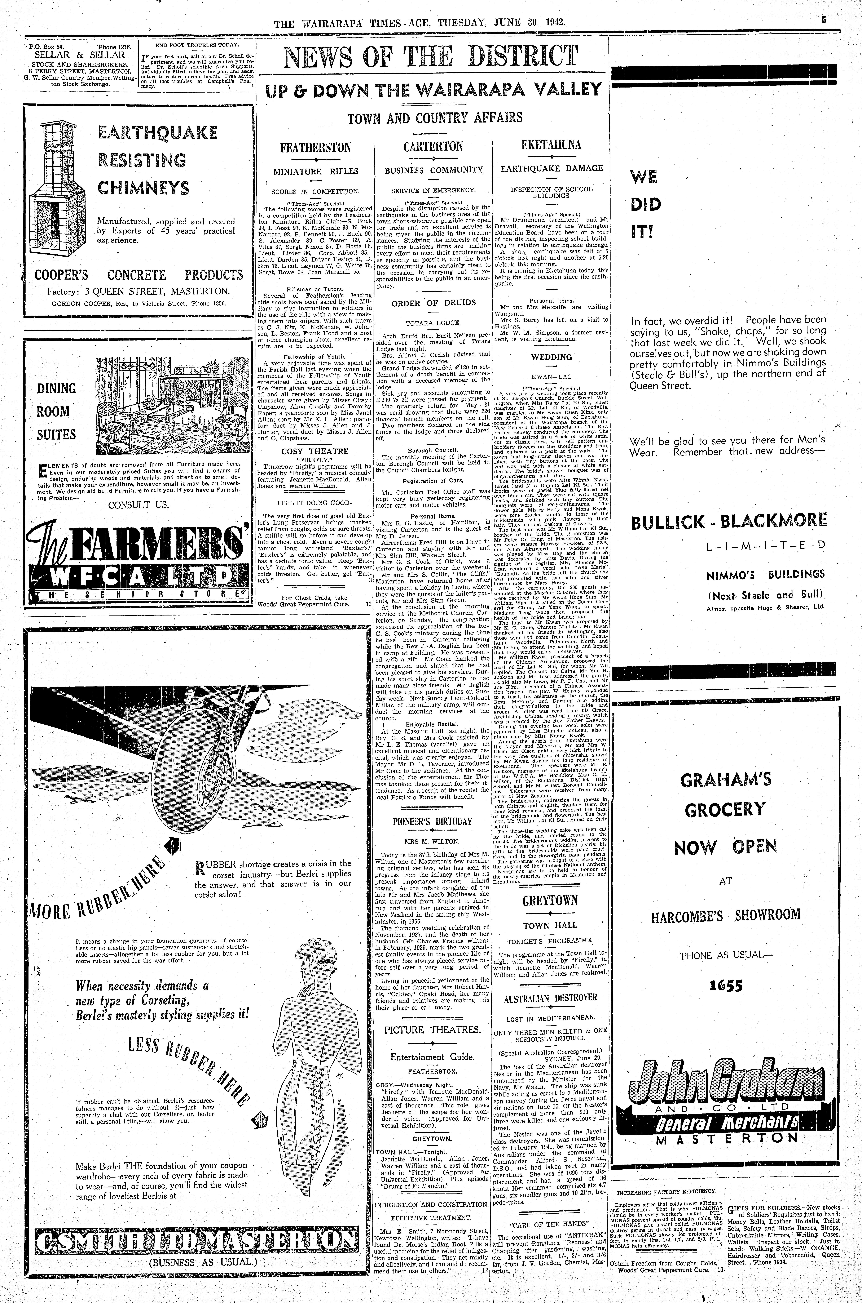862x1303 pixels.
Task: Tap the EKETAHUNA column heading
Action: click(x=551, y=145)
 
